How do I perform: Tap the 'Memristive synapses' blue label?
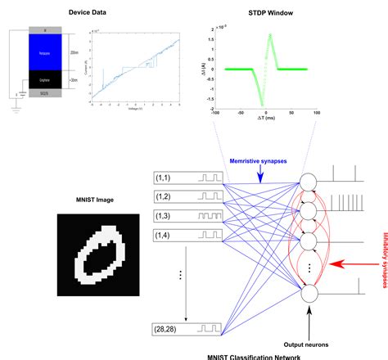[256, 161]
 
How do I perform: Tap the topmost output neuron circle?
[309, 182]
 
